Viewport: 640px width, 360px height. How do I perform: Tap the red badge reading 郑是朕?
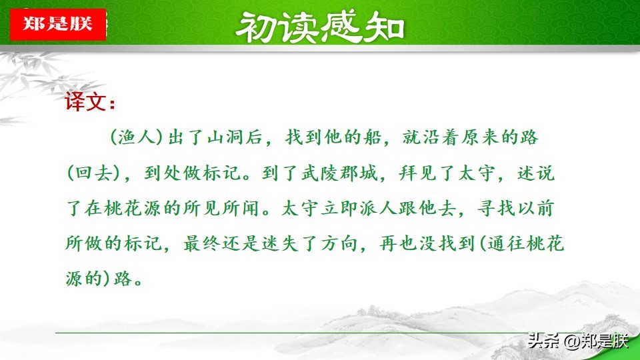tap(58, 24)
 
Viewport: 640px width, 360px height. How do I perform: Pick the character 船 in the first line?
tap(372, 137)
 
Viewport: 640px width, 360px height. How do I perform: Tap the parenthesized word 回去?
tap(94, 173)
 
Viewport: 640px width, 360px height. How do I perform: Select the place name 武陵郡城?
tap(339, 173)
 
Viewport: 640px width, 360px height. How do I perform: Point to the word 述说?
tap(536, 173)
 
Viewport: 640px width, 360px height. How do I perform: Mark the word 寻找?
tap(496, 209)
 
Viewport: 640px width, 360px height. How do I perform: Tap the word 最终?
tap(202, 244)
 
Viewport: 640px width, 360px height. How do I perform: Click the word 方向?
tap(339, 244)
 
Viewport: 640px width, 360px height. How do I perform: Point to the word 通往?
tap(506, 244)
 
